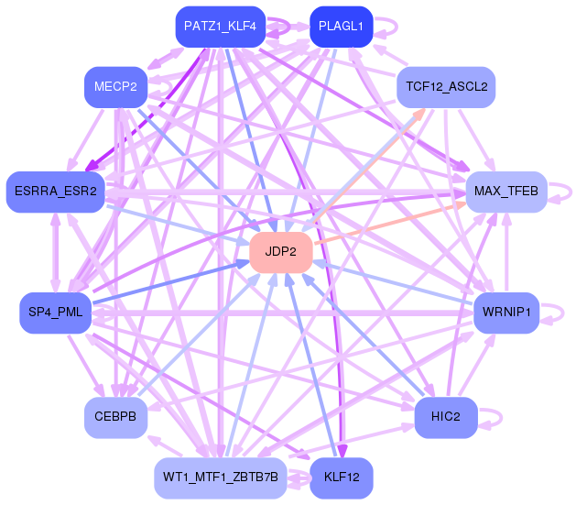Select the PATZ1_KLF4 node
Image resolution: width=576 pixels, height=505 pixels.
coord(220,27)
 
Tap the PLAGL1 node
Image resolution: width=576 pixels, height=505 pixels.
coord(341,27)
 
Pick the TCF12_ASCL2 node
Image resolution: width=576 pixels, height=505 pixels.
coord(446,88)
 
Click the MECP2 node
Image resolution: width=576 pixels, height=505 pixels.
coord(115,88)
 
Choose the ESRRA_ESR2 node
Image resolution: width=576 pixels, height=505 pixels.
coord(55,191)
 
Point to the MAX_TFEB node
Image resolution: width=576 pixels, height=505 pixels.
coord(506,192)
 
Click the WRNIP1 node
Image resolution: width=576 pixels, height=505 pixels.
coord(505,313)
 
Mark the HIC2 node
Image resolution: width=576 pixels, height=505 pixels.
coord(446,417)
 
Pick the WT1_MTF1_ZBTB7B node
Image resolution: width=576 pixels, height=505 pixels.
coord(220,478)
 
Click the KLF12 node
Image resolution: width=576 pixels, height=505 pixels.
coord(342,478)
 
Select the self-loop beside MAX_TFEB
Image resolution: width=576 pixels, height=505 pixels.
coord(561,192)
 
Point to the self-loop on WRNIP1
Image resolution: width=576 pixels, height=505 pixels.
coord(553,313)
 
